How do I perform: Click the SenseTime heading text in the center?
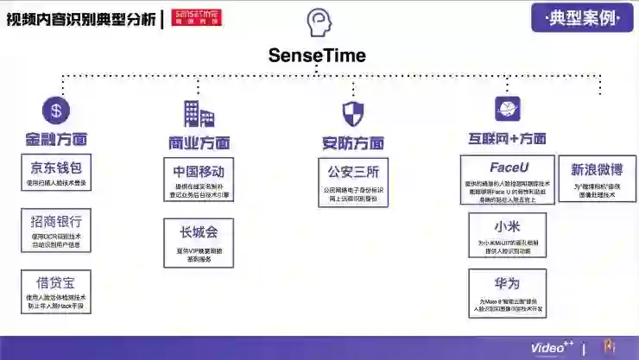pos(317,55)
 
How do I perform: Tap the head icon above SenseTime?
pos(318,22)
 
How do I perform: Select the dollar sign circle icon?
pos(56,110)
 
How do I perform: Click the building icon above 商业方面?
pos(198,113)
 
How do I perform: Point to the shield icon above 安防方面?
pos(353,113)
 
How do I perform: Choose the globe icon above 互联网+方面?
pos(507,109)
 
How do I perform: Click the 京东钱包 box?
pos(56,173)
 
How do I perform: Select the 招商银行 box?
pos(56,228)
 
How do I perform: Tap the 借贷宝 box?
pos(56,290)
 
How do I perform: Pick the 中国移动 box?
pos(199,180)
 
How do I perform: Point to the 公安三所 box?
pos(354,178)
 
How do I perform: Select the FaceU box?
pos(508,180)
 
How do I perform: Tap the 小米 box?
pos(508,236)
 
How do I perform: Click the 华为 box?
pos(508,294)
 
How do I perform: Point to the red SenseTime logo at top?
pos(196,17)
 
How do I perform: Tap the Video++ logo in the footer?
pos(552,348)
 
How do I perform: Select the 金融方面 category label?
pos(56,139)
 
